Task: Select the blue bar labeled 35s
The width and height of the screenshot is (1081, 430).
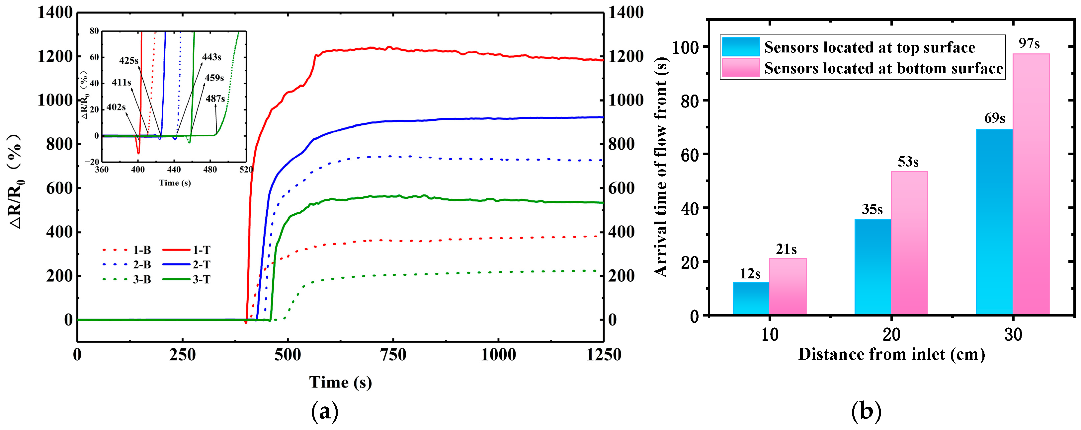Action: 873,266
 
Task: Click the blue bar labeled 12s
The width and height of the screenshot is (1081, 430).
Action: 751,298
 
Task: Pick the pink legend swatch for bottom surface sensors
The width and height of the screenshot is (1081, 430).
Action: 741,68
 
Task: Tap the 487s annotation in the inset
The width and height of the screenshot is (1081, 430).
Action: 215,99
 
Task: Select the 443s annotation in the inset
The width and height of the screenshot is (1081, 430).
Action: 211,57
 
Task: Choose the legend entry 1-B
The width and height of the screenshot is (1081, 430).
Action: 142,250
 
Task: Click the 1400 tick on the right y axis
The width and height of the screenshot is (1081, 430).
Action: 625,13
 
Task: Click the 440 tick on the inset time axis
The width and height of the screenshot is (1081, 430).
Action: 174,170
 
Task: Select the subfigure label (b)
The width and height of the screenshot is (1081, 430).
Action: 866,411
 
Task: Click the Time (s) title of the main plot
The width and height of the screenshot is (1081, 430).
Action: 340,382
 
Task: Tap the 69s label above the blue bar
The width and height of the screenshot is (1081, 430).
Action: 995,118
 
